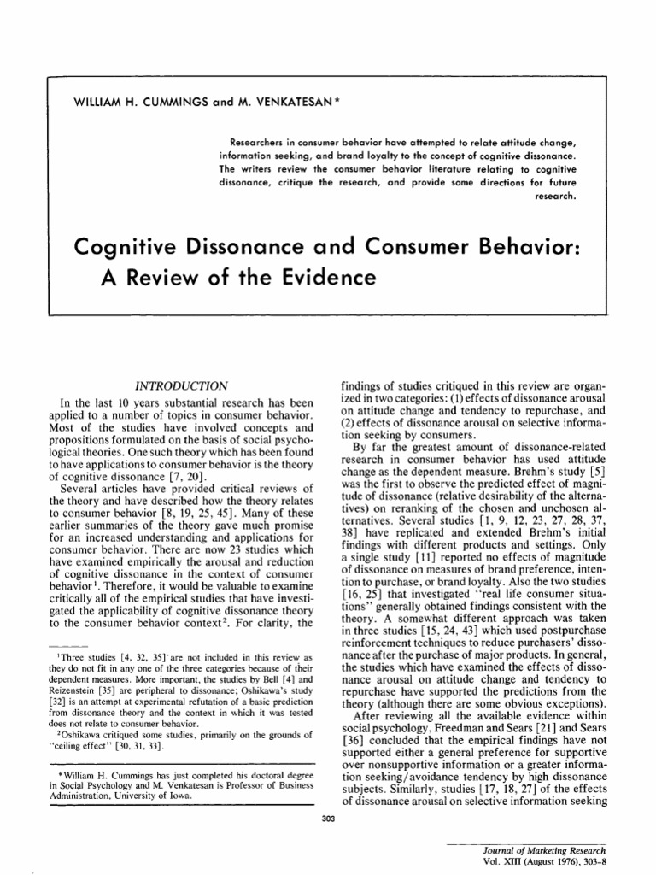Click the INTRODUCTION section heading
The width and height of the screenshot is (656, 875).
click(x=184, y=386)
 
